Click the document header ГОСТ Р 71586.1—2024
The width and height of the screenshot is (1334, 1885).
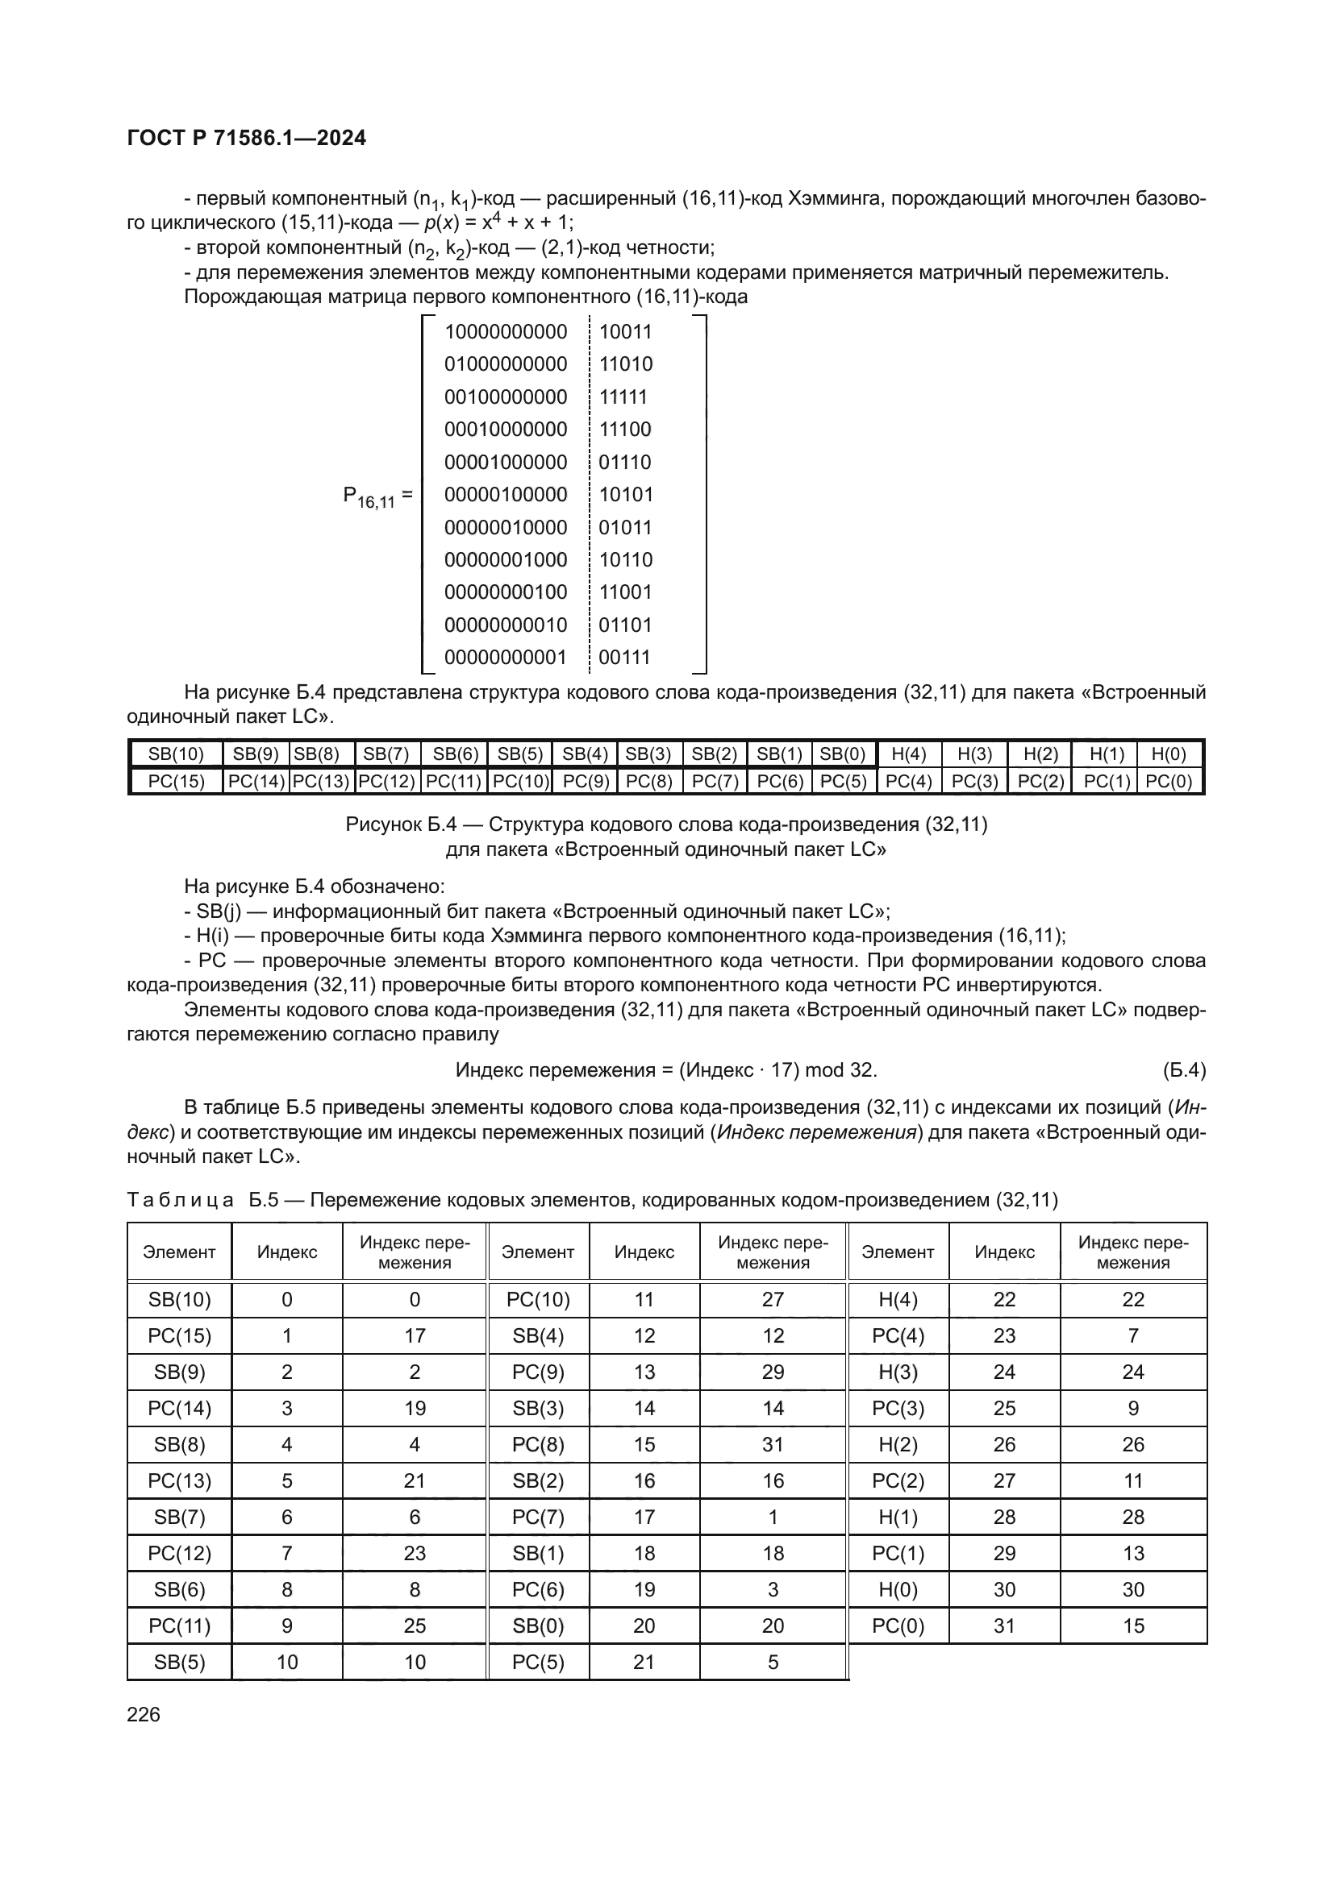pos(247,138)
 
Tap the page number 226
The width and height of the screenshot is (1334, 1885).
pos(144,1714)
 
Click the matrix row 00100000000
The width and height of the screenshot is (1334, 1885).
pos(505,397)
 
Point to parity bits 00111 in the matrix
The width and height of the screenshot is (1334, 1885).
pos(624,658)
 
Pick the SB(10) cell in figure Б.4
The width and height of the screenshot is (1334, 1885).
pos(176,754)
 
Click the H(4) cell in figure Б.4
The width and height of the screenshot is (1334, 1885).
pos(908,754)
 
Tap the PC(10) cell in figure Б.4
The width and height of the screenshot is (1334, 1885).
pos(519,782)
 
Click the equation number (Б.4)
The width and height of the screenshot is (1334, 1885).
pos(1184,1070)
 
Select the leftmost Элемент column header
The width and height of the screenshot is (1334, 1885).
pos(179,1252)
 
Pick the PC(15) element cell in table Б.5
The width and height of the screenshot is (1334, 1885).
pos(179,1335)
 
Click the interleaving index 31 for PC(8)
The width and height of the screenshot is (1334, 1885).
pos(772,1444)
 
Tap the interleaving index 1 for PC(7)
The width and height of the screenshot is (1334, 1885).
pos(772,1518)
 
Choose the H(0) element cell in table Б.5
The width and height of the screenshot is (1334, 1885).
pos(898,1589)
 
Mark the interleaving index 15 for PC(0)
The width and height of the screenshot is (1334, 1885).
pos(1132,1626)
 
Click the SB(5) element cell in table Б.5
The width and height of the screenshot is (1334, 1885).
pos(179,1662)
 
